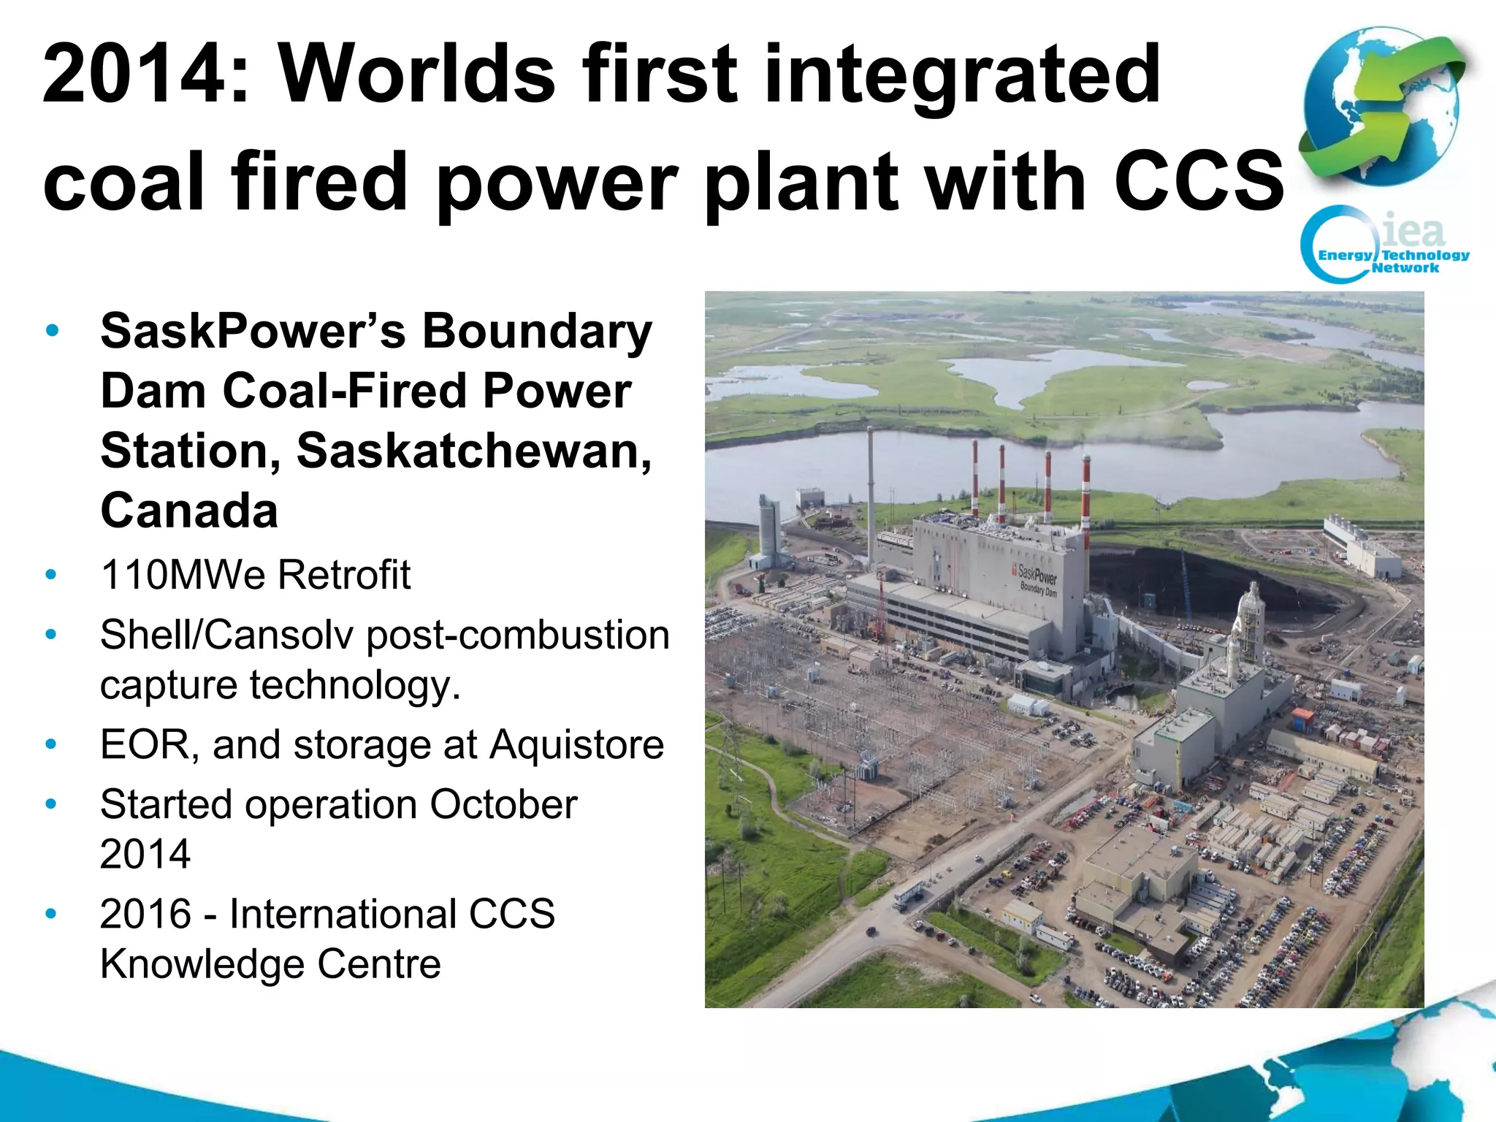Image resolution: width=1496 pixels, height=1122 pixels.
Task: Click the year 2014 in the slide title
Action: [x=134, y=74]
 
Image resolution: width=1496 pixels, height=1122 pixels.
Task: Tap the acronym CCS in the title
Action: [x=1198, y=180]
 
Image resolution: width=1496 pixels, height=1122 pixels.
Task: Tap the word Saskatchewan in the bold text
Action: [x=473, y=451]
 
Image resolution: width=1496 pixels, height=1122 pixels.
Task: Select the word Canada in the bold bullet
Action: [x=189, y=511]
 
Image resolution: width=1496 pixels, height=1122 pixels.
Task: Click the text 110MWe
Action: [x=183, y=575]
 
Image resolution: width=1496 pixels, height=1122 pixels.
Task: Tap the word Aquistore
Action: [x=576, y=745]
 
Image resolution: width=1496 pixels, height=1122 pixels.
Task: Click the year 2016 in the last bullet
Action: [x=146, y=915]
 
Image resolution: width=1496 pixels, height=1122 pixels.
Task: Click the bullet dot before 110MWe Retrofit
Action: [x=50, y=575]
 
